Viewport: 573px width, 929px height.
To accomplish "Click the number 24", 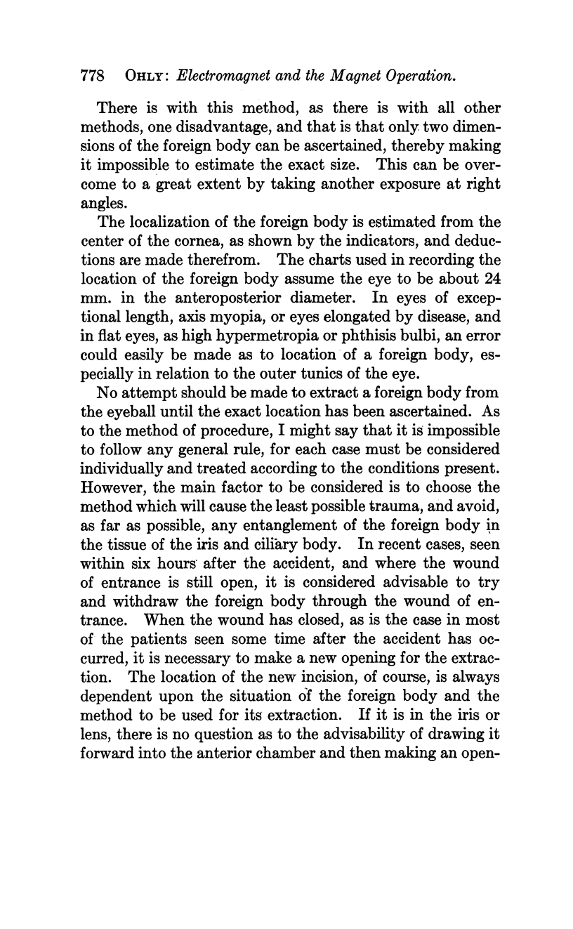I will pos(492,279).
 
